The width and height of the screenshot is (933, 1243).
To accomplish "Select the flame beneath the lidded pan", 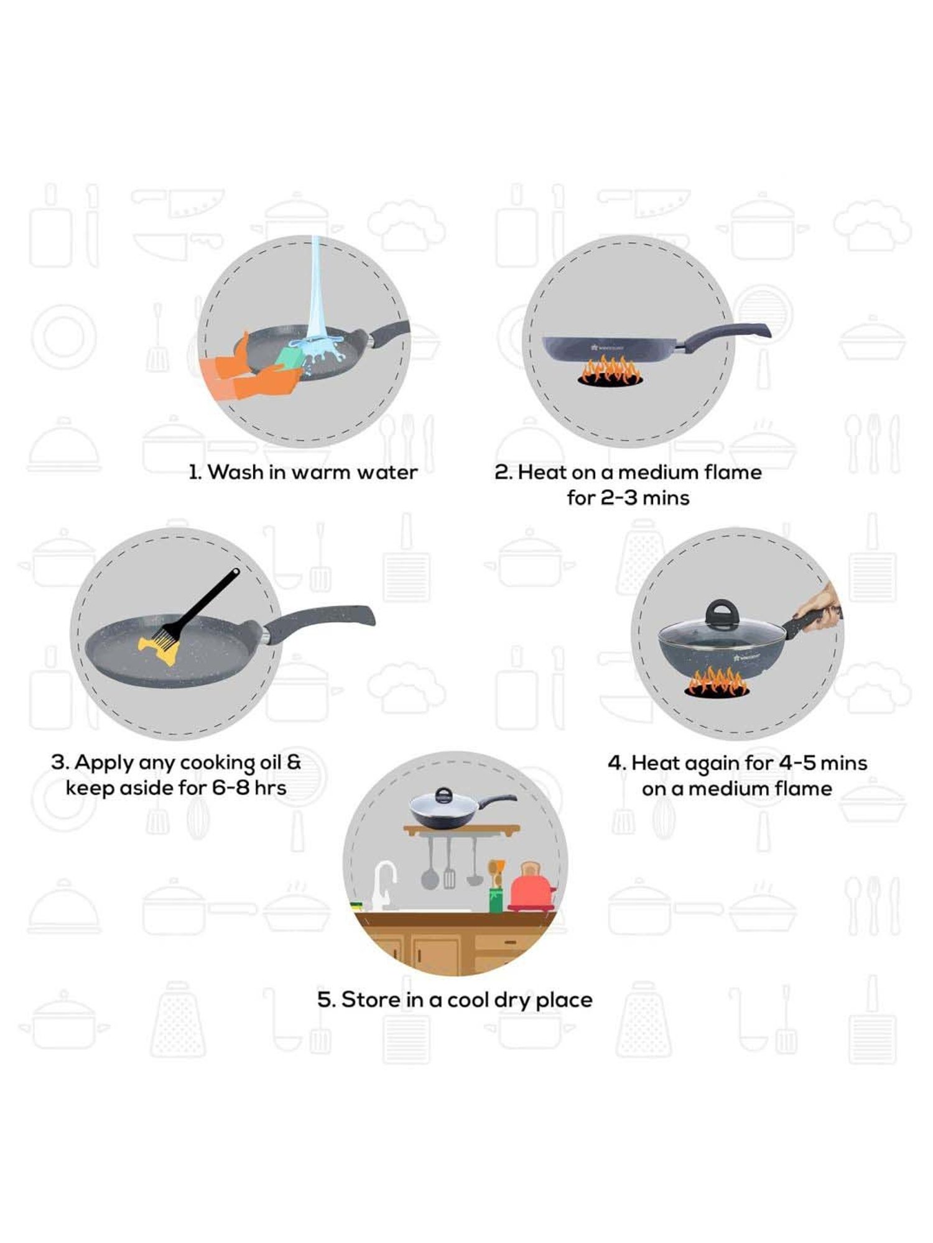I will [717, 682].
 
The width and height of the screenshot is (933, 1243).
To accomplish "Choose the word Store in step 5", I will [371, 1000].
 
